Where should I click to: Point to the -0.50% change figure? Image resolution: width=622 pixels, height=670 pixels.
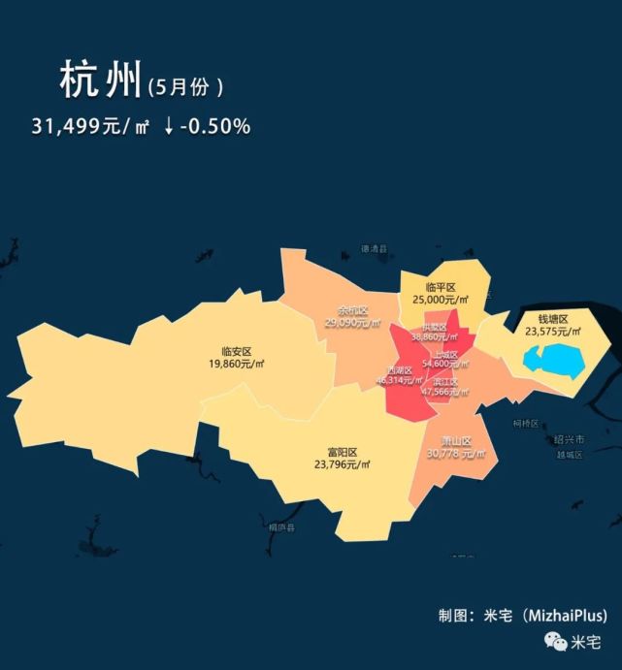(214, 126)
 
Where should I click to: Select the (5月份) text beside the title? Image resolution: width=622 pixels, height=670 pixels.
(186, 86)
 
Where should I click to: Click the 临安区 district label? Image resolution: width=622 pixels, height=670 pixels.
(237, 352)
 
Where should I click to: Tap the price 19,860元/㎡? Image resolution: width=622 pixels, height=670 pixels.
(237, 365)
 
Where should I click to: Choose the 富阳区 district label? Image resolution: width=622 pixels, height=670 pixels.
(343, 453)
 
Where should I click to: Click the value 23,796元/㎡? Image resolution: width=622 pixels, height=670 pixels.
(343, 465)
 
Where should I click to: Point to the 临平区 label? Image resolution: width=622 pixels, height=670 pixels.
(442, 288)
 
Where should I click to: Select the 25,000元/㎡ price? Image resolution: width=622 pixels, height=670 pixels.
(442, 301)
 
